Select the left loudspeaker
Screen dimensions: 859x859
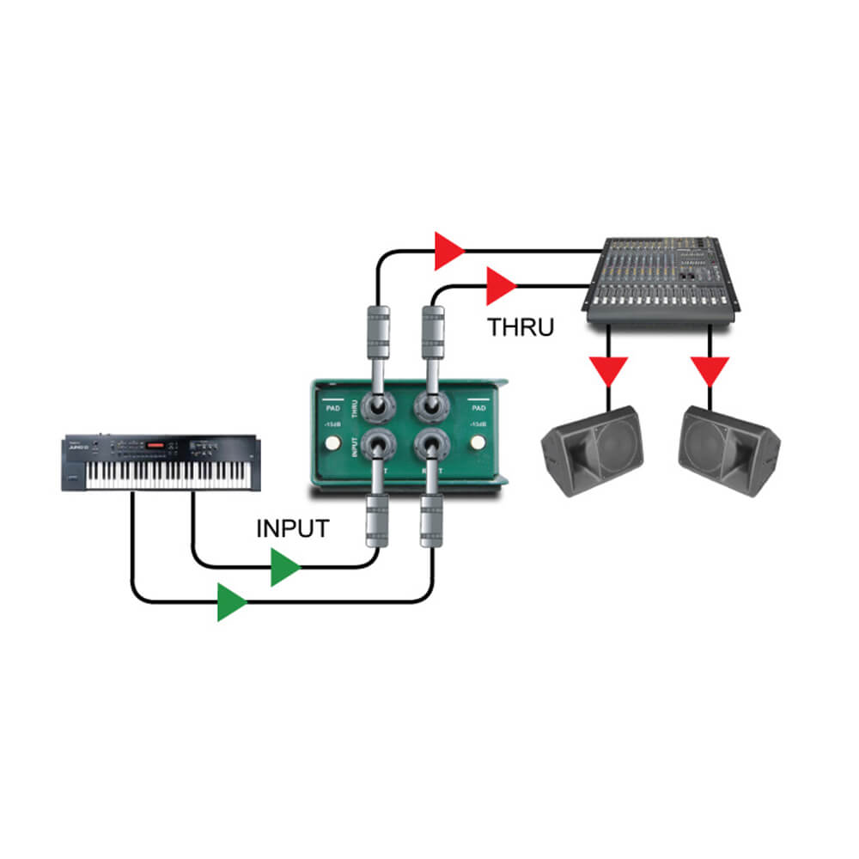[592, 451]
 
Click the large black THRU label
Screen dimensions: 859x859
[521, 327]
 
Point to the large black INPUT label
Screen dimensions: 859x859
[292, 528]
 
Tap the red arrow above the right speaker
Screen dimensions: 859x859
[710, 371]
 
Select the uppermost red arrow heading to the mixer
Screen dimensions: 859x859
[448, 251]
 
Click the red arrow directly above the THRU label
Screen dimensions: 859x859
[500, 286]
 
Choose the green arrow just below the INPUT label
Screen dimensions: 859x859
[285, 568]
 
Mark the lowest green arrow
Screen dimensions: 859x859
[231, 602]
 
